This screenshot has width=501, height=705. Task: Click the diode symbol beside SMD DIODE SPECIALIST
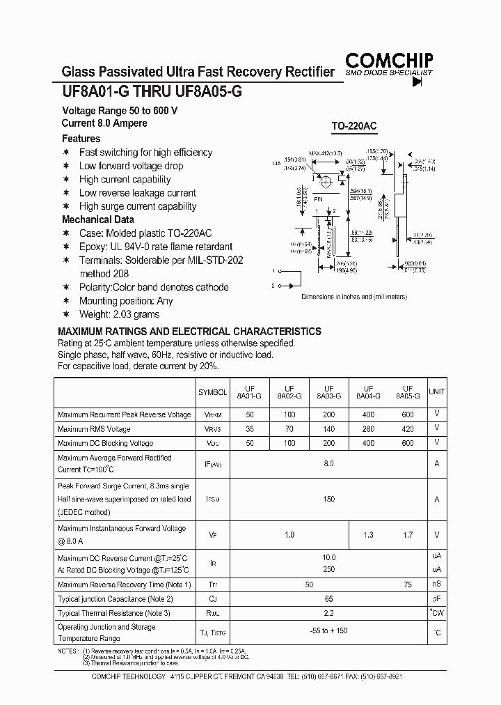coord(417,82)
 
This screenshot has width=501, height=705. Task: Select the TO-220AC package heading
coord(353,127)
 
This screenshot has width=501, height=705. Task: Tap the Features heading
coord(81,139)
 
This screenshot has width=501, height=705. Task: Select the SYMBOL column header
coord(212,393)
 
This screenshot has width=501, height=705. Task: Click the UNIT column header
coord(436,392)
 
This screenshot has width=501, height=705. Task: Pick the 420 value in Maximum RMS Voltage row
coord(408,429)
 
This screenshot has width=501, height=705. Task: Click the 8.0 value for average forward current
coord(328,463)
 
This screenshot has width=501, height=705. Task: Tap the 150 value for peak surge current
coord(328,499)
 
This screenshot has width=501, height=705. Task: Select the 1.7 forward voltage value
coord(408,535)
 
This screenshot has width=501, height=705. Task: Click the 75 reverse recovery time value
coord(408,584)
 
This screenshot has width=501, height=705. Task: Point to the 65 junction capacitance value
coord(328,598)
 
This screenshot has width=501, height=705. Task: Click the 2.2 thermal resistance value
coord(328,613)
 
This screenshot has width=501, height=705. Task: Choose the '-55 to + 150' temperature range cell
coord(328,632)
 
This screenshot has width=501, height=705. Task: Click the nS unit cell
coord(436,584)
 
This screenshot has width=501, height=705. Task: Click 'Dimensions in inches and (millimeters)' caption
coord(353,297)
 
